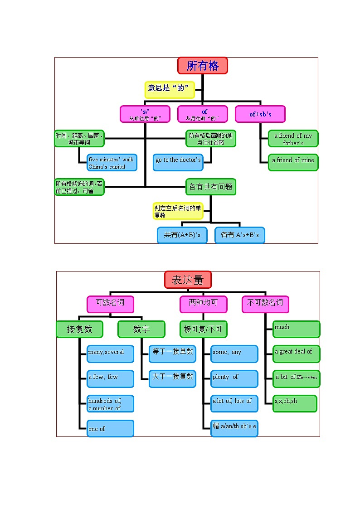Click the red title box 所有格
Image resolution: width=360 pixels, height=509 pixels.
pos(202,66)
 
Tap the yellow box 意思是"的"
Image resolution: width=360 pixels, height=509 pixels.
pos(170,89)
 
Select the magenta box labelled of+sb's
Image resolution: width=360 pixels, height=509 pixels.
pos(260,114)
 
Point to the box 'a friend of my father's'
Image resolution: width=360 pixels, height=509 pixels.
pos(293,139)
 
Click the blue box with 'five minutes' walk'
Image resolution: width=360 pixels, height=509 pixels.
pos(112,163)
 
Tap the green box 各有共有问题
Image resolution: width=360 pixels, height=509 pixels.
pos(211,187)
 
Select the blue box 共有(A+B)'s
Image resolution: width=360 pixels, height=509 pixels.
pos(182,235)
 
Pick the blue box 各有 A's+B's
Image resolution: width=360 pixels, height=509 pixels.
pos(240,235)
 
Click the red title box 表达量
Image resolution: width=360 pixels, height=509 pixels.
pos(188,280)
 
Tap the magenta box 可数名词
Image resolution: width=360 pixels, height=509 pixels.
pos(110,304)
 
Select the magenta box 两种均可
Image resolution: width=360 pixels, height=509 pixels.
pos(203,304)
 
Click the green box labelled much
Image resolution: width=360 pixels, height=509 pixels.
pos(297,329)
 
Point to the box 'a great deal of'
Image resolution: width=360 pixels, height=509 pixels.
pos(297,354)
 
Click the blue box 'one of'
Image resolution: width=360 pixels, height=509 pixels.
pos(110,428)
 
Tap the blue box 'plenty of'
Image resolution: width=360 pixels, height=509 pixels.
pos(234,378)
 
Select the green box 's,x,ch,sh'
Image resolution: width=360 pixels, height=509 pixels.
pos(295,403)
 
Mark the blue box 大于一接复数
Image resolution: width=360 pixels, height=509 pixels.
pos(172,378)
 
